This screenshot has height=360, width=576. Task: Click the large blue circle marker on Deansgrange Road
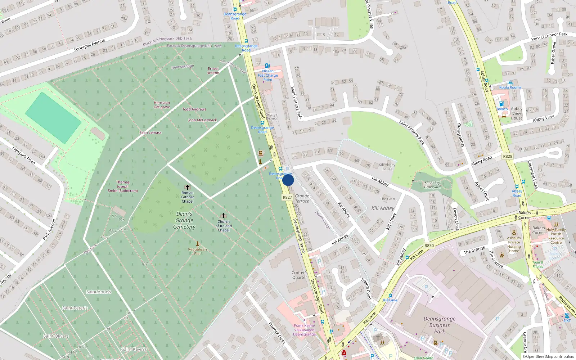288,180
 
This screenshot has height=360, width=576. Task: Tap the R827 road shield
287,197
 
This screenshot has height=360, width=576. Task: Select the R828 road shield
508,156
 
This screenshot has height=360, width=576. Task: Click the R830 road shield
429,246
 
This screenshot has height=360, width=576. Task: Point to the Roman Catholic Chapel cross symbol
187,187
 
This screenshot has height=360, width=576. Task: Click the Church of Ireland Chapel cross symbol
224,216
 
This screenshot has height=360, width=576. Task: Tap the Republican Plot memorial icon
197,244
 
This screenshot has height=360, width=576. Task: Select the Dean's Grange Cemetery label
184,220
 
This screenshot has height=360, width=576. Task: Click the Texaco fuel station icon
501,104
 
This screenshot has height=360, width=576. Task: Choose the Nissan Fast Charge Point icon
267,66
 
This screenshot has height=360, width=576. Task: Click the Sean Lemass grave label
150,132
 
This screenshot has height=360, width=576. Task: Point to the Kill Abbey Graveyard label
432,185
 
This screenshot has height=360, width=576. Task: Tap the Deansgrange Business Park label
440,325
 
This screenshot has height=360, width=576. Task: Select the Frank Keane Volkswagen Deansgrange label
304,330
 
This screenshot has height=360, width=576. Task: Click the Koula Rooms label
510,87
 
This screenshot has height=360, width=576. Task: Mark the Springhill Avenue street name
89,45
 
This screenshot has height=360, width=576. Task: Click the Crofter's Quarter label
300,275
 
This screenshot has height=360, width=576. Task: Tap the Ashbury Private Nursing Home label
514,244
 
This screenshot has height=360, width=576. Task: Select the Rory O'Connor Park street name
549,36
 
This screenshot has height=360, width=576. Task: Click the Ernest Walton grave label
213,71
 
